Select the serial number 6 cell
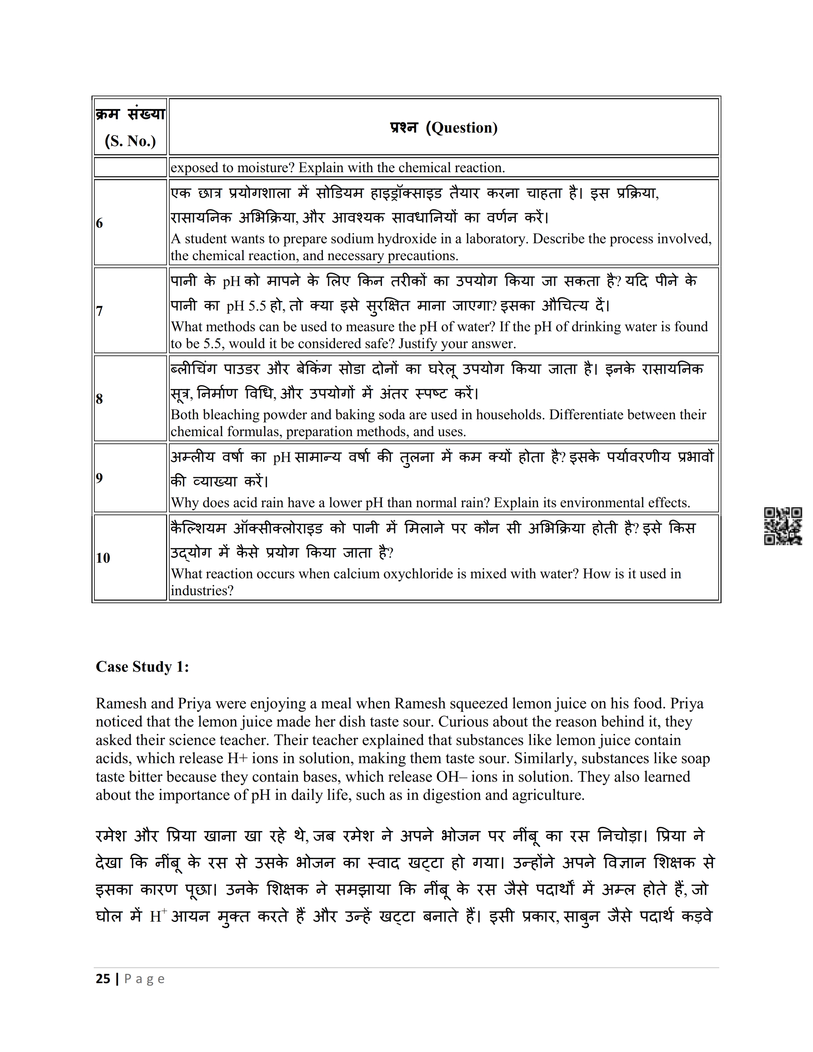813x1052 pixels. [99, 223]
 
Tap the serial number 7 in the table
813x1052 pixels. [99, 311]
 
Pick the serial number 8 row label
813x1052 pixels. [99, 399]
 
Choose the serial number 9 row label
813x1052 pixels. [99, 478]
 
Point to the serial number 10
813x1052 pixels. [103, 558]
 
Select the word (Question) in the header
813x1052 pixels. [461, 128]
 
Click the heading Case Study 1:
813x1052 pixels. [142, 667]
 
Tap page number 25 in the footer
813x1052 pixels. [103, 979]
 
